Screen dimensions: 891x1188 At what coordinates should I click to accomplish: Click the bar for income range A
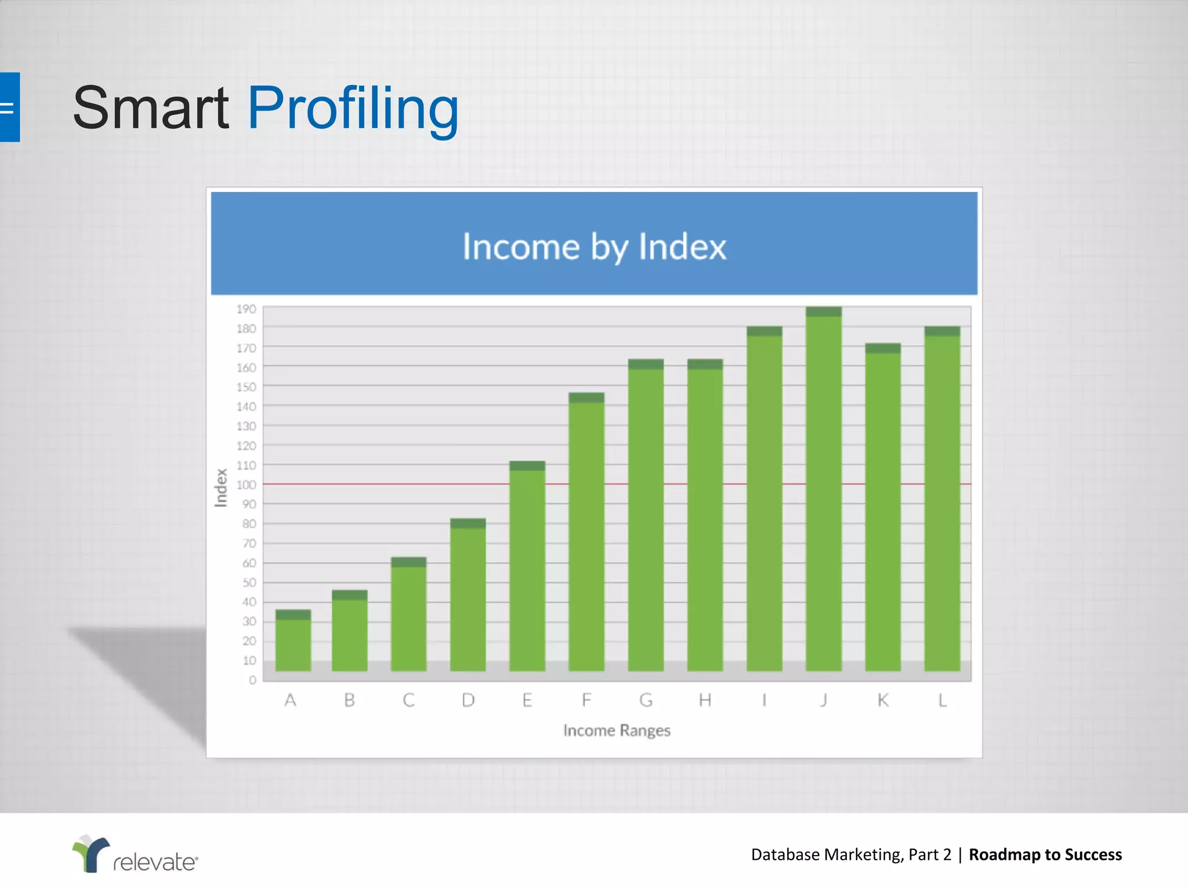tap(293, 641)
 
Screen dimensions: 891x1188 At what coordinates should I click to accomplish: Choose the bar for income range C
tap(408, 615)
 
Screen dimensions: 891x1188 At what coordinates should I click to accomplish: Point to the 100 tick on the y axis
tap(246, 484)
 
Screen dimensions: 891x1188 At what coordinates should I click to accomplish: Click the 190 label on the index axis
tap(246, 309)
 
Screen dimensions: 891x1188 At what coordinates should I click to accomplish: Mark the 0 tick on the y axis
tap(252, 680)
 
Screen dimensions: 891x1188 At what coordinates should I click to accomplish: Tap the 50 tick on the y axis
tap(249, 582)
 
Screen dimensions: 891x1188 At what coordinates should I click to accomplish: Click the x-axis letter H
tap(705, 701)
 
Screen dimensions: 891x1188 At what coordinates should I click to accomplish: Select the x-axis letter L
tap(942, 701)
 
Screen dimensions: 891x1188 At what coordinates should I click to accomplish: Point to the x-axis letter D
tap(468, 701)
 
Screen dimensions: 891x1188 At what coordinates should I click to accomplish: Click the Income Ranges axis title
tap(617, 730)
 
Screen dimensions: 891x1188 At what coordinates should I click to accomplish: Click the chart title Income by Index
tap(594, 247)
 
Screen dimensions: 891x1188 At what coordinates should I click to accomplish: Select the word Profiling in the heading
tap(353, 108)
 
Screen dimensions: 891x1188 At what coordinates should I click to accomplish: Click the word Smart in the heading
tap(151, 108)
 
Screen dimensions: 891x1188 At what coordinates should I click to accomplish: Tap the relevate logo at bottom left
tap(135, 854)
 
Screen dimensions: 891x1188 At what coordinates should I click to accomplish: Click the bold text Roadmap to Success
tap(1045, 854)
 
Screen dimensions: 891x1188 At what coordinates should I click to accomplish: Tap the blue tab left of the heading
tap(9, 107)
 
